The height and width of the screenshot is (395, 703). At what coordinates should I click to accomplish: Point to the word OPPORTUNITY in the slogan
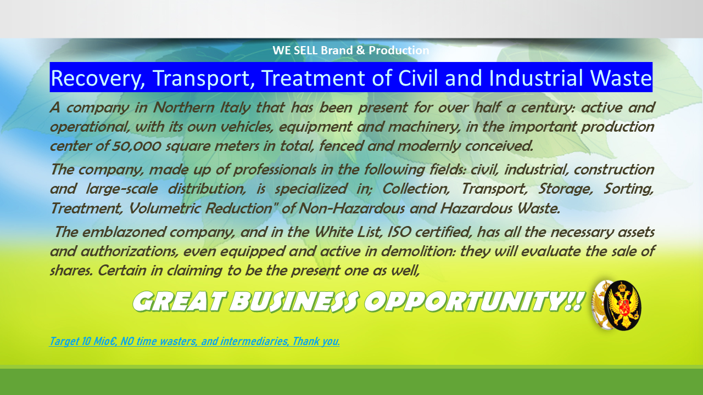coord(472,301)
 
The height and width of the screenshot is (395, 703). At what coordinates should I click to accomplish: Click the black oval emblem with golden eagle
coord(623,305)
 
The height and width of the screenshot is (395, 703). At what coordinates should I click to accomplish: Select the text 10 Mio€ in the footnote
coord(92,341)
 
